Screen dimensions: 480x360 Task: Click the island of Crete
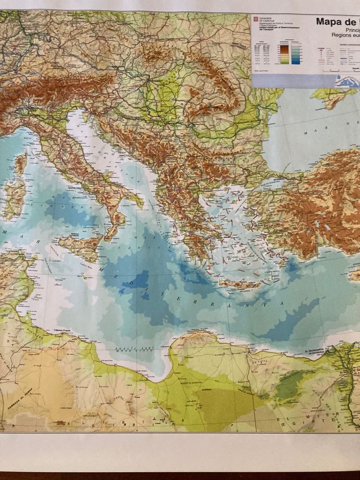pyautogui.click(x=238, y=284)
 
